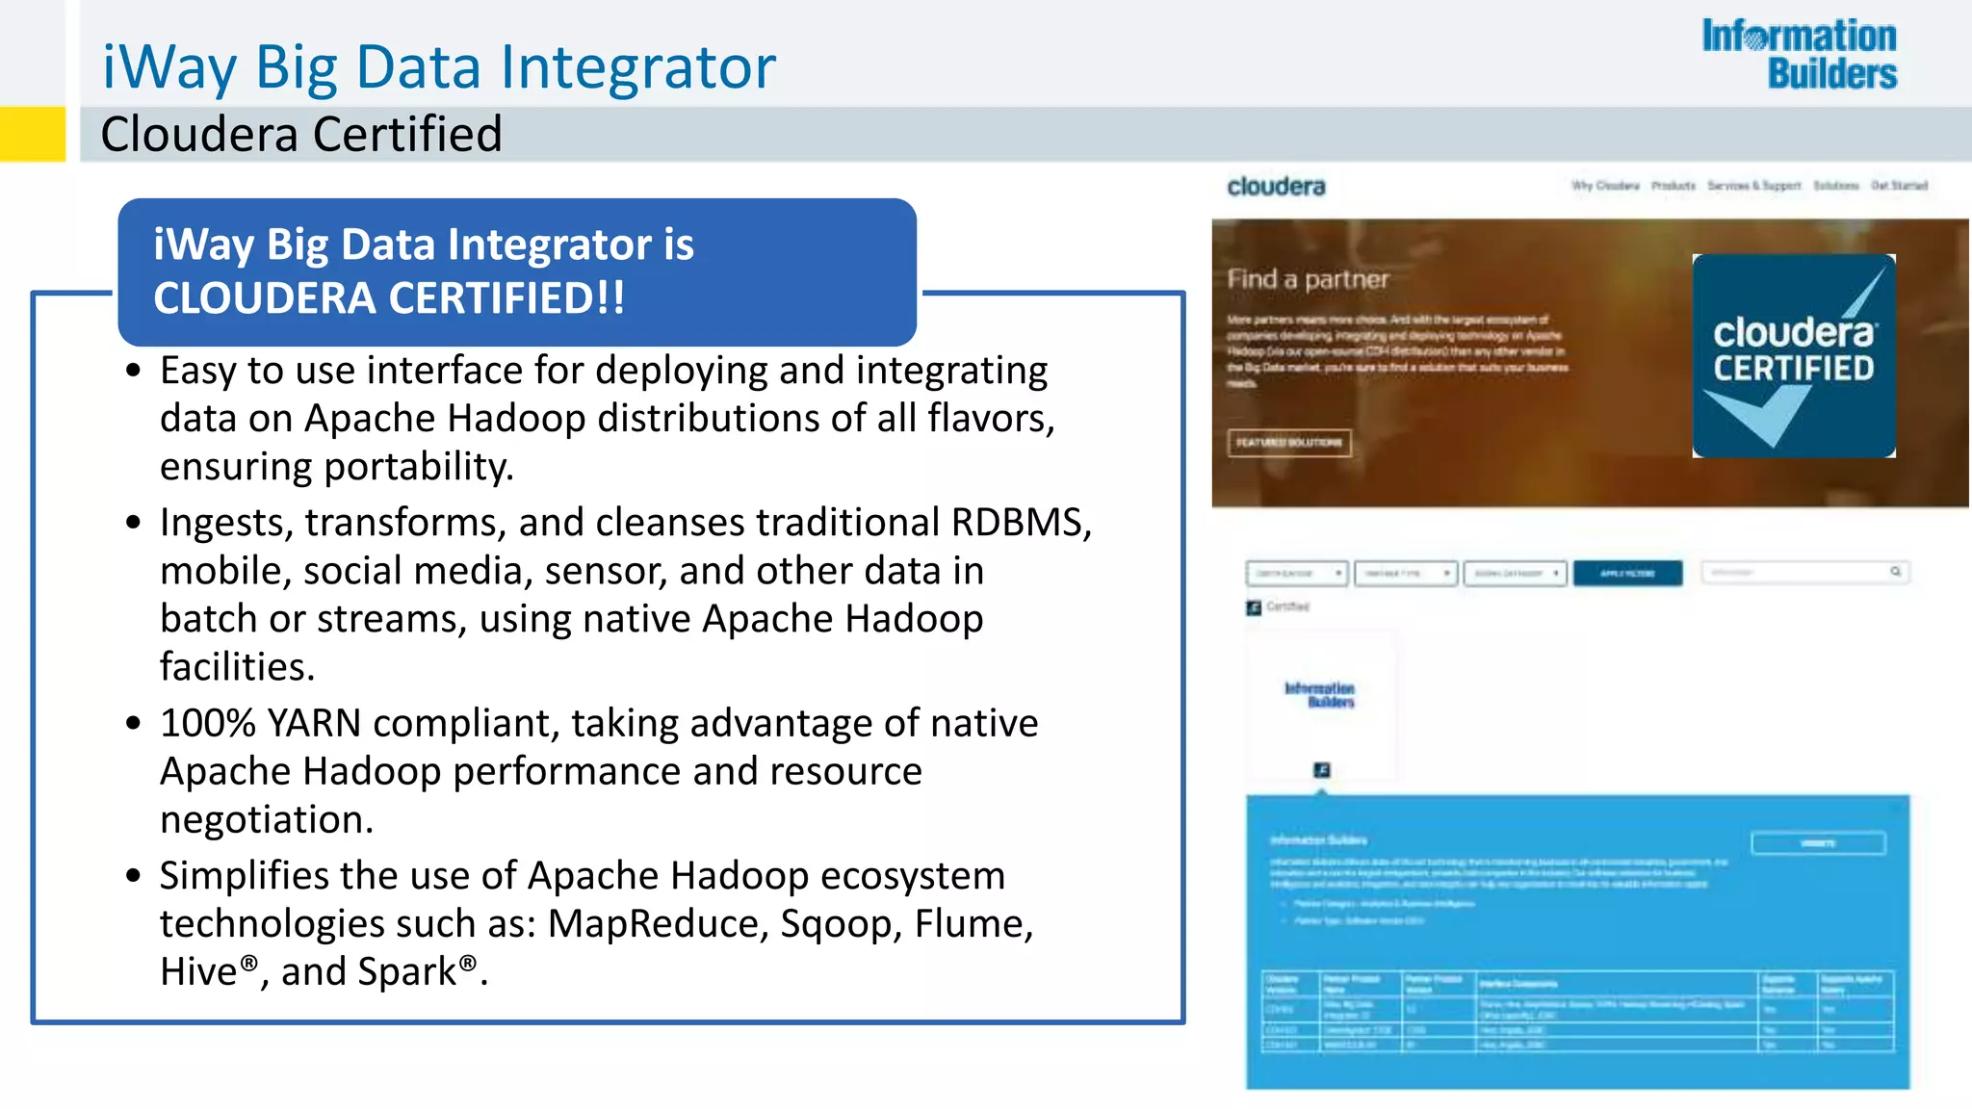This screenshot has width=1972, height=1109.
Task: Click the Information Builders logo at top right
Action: coord(1799,55)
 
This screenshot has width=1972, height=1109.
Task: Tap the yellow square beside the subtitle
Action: coord(32,134)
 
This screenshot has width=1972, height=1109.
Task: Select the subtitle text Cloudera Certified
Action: coord(301,134)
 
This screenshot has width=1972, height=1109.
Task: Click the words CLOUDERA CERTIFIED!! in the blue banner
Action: coord(389,298)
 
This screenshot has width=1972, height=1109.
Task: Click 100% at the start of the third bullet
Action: coord(207,724)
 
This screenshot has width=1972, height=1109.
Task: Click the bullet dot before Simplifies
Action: coord(134,876)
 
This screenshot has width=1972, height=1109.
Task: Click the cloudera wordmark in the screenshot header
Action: coord(1276,187)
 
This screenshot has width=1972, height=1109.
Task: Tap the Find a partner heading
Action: coord(1308,279)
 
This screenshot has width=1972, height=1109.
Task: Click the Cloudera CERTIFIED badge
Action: coord(1793,355)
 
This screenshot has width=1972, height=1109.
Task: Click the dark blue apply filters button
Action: coord(1627,574)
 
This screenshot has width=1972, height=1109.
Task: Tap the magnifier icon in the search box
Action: coord(1895,572)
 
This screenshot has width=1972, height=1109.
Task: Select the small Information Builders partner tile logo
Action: coord(1320,695)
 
